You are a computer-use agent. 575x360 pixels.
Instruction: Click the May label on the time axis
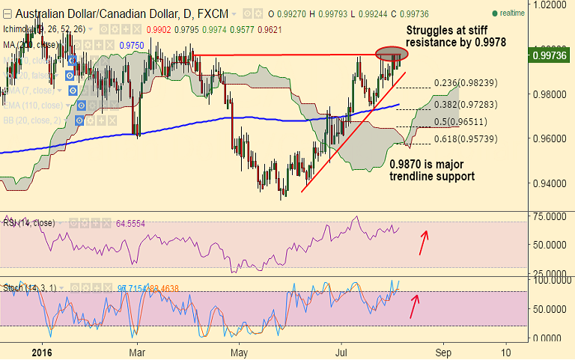[x=239, y=350]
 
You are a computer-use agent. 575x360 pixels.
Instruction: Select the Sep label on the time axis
[x=444, y=350]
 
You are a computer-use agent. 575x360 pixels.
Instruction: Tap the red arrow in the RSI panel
[x=425, y=242]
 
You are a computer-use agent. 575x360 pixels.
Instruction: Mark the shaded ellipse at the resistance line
[x=392, y=54]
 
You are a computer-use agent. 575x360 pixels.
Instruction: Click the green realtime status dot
[x=495, y=13]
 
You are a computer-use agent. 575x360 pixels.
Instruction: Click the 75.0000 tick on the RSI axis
[x=550, y=217]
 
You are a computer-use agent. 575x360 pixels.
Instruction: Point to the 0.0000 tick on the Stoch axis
[x=552, y=338]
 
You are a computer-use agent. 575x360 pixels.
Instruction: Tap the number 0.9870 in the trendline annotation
[x=407, y=164]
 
